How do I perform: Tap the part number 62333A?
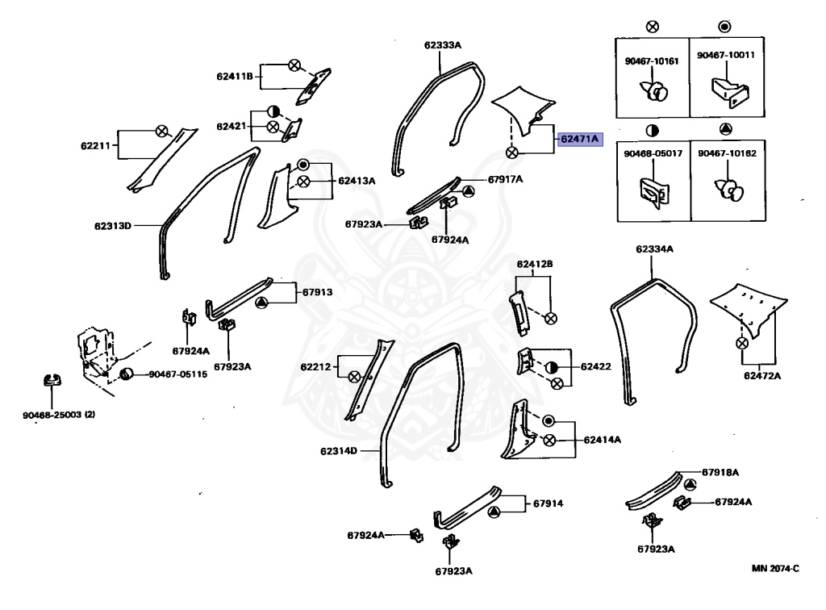(x=443, y=45)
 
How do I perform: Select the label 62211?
(x=94, y=146)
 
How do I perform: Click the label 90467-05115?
(x=177, y=374)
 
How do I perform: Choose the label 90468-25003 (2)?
(x=58, y=415)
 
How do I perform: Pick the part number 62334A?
(x=654, y=249)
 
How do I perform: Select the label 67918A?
(x=720, y=471)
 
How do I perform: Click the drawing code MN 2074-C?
(x=775, y=568)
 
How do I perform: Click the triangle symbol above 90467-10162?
(x=725, y=130)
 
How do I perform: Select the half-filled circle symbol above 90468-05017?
(x=652, y=130)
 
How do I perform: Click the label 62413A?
(x=357, y=181)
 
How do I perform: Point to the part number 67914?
(x=548, y=503)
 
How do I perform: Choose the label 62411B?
(x=235, y=77)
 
